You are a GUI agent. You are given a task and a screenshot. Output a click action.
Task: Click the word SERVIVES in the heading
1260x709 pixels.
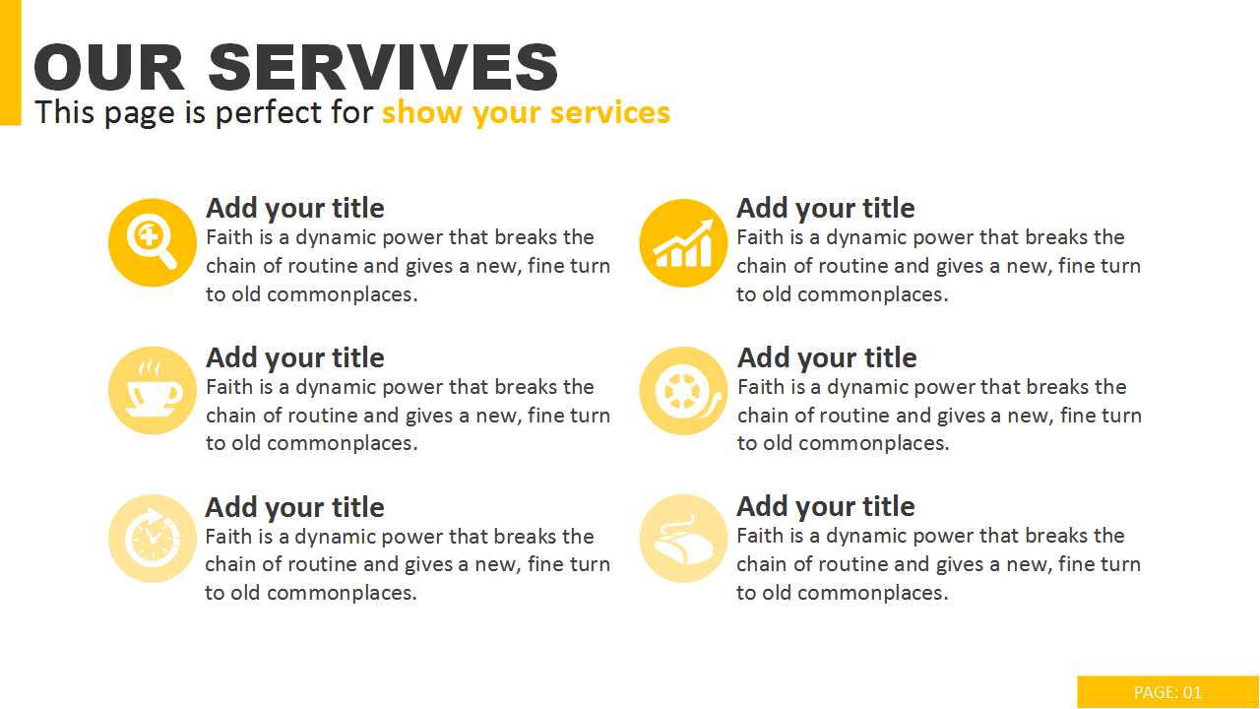click(383, 67)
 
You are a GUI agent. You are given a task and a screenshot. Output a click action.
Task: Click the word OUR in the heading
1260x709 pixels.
click(109, 67)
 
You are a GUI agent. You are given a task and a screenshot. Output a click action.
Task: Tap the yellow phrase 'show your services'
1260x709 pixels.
click(526, 112)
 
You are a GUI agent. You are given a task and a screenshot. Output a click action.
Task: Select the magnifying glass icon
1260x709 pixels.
click(153, 242)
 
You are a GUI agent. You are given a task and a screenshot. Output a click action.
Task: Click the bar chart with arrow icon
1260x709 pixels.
click(683, 242)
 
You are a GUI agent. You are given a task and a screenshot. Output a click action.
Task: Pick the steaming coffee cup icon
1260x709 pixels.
click(153, 391)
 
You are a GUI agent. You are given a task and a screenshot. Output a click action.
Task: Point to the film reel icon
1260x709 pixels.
click(683, 391)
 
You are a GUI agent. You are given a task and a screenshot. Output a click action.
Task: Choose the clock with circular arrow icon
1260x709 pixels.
click(153, 539)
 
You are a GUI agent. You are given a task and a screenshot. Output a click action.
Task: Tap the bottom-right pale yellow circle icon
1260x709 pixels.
click(683, 539)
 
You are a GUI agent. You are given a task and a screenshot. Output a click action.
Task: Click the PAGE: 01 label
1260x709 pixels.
click(1167, 691)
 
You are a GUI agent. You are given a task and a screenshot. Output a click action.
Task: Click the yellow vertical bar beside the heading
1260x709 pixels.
click(10, 62)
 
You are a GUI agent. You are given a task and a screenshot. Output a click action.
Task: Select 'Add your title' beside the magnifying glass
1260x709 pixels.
click(295, 209)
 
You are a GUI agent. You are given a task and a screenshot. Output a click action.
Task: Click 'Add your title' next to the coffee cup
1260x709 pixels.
click(295, 358)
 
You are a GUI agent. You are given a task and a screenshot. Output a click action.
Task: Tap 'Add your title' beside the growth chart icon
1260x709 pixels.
click(826, 209)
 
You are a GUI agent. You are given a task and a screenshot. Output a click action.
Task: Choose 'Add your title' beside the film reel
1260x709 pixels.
click(827, 358)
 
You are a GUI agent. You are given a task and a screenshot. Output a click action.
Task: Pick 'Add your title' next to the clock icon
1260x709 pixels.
click(294, 507)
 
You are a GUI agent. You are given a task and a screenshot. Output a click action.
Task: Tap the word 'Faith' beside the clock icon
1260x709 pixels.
click(229, 537)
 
